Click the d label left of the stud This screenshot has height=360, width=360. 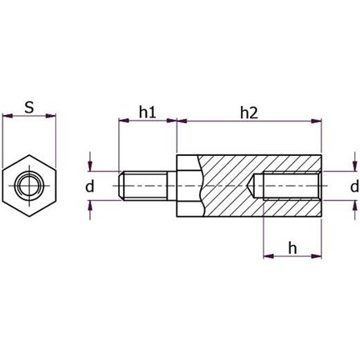[90, 186]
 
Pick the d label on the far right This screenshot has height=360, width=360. [353, 186]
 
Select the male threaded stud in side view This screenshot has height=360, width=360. [145, 186]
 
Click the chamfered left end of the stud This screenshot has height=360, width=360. [121, 186]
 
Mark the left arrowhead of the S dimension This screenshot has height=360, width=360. [6, 117]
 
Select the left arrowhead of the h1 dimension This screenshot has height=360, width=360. [123, 121]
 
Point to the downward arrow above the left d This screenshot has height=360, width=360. [91, 166]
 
